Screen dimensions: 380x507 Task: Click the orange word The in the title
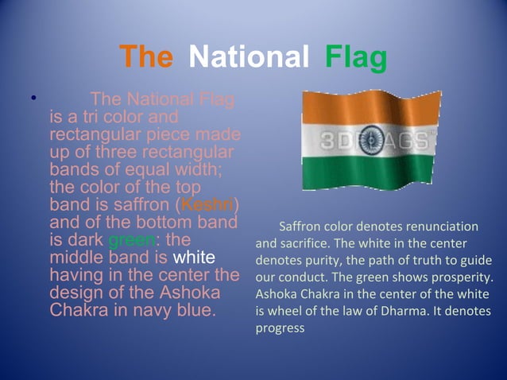(x=145, y=58)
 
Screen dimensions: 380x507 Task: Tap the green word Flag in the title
(x=355, y=58)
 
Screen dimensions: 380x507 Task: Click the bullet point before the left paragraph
(x=33, y=99)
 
